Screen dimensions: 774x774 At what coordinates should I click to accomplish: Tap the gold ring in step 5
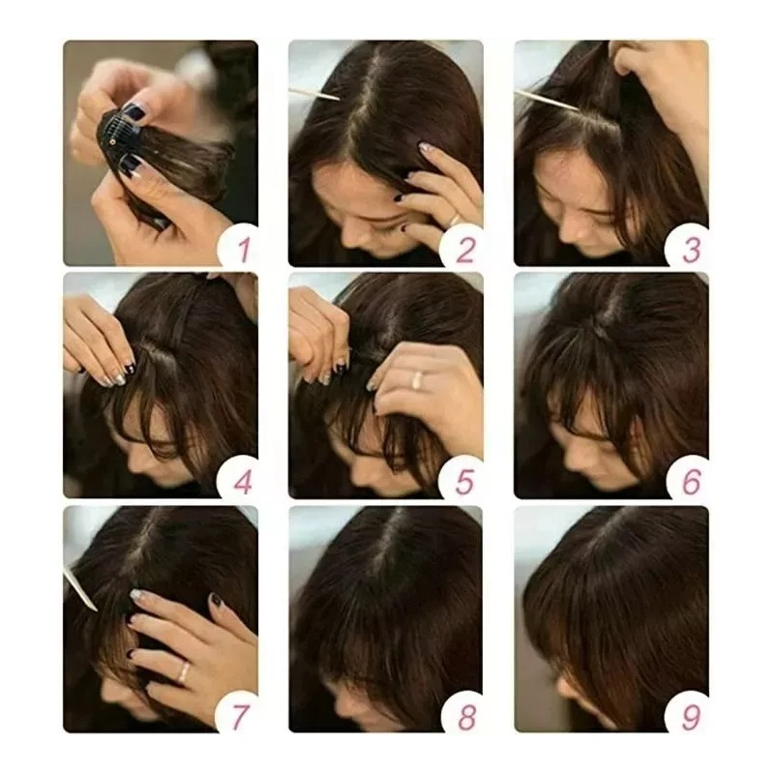point(417,380)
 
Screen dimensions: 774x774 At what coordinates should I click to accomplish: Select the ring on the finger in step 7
point(182,670)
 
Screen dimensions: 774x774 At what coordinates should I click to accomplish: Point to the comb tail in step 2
point(314,94)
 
